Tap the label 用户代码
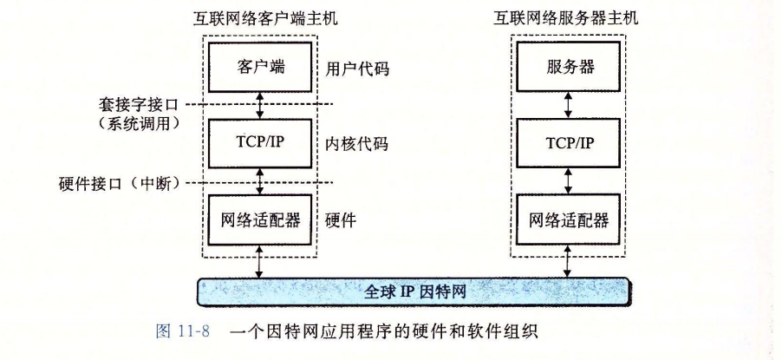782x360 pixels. click(x=355, y=68)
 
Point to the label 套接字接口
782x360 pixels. click(x=139, y=104)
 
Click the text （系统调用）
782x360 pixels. click(x=139, y=124)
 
